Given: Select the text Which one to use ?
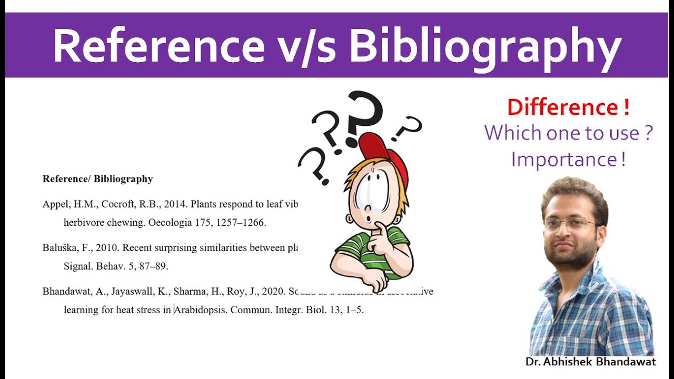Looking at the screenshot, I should pyautogui.click(x=569, y=133).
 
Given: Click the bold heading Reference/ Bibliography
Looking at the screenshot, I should pyautogui.click(x=97, y=179).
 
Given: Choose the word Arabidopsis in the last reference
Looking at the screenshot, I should pyautogui.click(x=201, y=310).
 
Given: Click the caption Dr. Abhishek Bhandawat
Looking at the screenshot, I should pyautogui.click(x=591, y=362).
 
